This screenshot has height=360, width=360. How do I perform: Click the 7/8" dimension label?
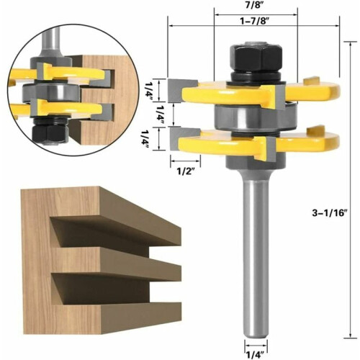click(x=255, y=5)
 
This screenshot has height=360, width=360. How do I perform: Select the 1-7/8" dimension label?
click(x=254, y=21)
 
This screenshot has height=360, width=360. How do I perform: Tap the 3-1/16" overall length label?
click(x=330, y=213)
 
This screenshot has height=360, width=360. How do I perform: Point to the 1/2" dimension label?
click(x=185, y=171)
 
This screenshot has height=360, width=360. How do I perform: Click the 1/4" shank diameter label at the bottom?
click(x=256, y=354)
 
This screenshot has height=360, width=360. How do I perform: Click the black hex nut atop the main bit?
click(x=256, y=57)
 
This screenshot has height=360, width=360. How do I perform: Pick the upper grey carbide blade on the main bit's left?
click(x=182, y=90)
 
